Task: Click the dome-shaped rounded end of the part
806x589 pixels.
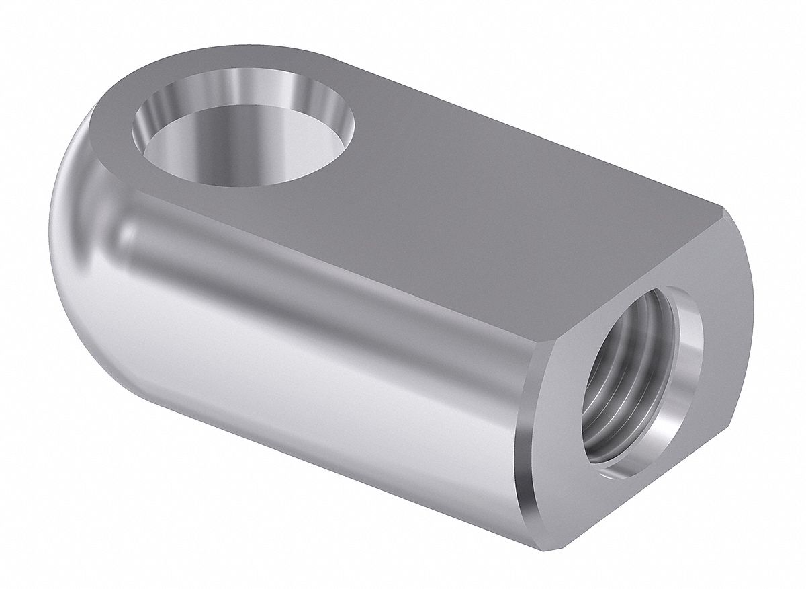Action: point(87,222)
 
